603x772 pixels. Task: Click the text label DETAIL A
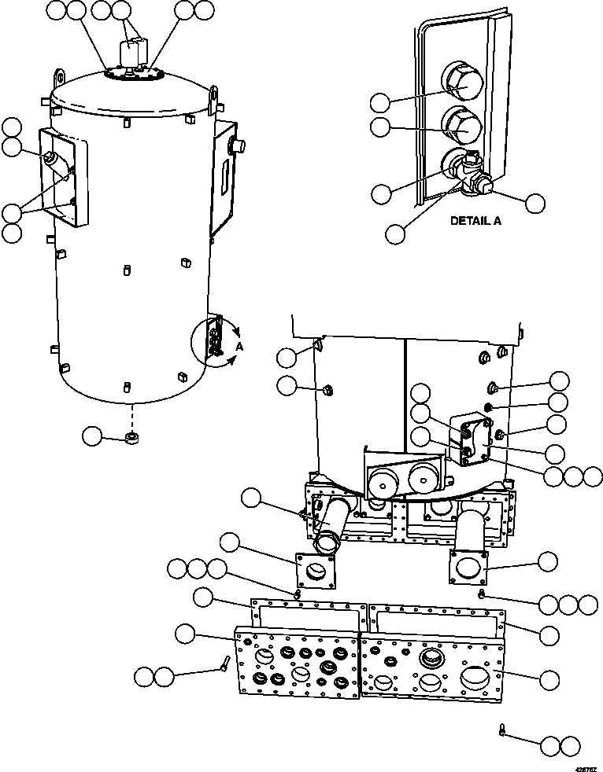click(x=475, y=221)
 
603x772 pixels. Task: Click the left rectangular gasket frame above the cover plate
click(x=308, y=614)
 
